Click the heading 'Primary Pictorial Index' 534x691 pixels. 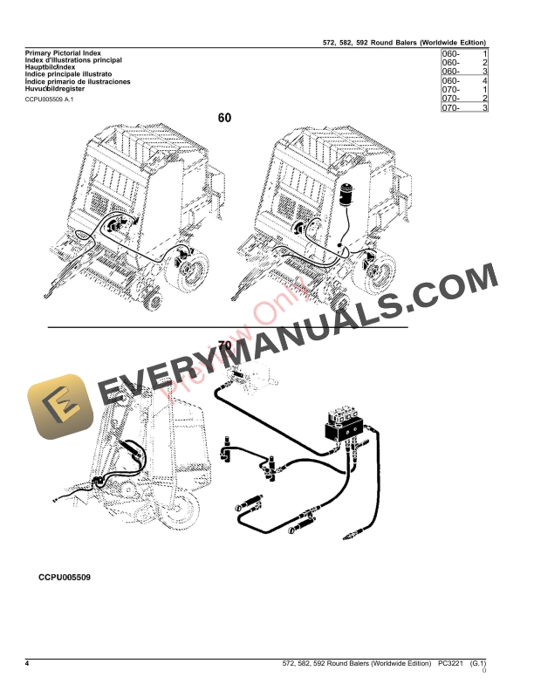58,53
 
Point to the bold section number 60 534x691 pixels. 225,118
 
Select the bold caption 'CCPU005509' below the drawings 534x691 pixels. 65,577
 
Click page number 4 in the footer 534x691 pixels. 28,665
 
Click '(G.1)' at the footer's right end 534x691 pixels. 479,665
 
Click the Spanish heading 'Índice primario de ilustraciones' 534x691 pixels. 72,81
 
